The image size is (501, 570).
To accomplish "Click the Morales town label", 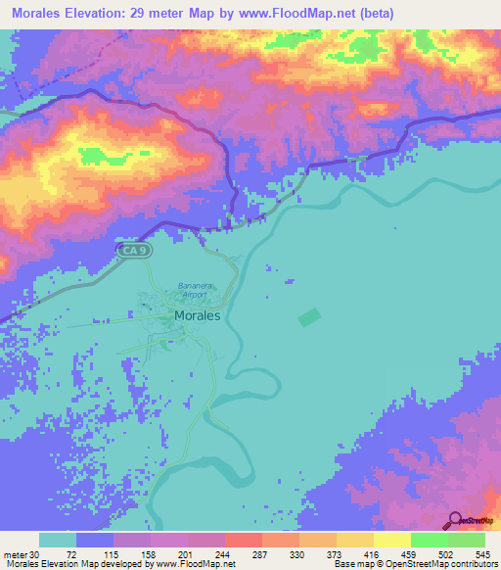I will click(197, 316).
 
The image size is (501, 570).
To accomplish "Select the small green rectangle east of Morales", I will click(309, 318).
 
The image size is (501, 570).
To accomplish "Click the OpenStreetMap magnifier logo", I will click(457, 520).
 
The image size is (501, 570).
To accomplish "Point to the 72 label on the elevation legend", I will click(71, 554).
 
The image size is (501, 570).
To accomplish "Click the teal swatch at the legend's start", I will click(58, 541).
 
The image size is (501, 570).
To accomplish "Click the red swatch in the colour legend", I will click(243, 541).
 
